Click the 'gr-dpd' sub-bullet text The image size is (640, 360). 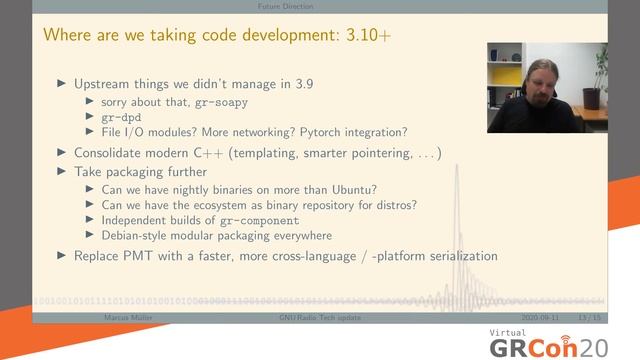point(122,117)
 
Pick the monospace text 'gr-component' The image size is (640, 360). point(250,220)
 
